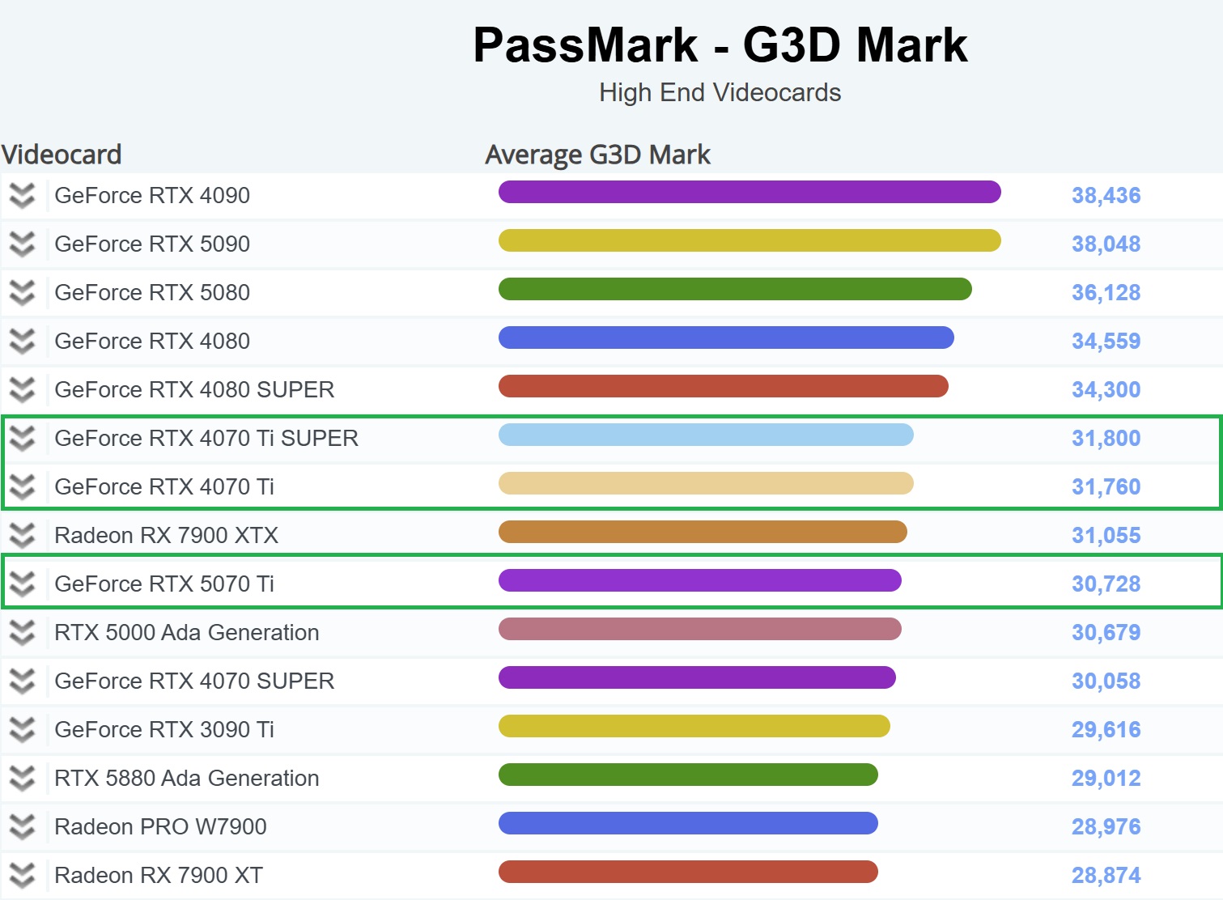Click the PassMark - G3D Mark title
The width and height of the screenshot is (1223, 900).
coord(720,45)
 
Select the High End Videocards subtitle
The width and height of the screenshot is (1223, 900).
coord(720,92)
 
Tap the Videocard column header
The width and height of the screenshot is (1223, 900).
coord(62,155)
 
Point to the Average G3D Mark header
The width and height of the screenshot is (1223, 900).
coord(597,155)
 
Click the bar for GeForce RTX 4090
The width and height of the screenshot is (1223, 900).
coord(750,192)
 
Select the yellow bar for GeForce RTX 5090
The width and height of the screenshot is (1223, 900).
coord(750,240)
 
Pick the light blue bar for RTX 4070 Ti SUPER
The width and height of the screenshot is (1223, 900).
coord(706,435)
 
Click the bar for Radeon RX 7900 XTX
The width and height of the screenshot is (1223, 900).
coord(703,532)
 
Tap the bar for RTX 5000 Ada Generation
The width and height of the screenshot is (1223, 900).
coord(700,629)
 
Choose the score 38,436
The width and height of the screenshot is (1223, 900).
coord(1106,195)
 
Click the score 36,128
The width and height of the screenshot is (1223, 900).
coord(1106,292)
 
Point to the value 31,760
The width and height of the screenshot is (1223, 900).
coord(1106,486)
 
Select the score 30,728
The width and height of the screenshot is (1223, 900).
coord(1106,584)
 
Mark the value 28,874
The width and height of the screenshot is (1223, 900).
coord(1106,875)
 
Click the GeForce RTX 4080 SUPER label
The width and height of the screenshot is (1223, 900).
coord(194,389)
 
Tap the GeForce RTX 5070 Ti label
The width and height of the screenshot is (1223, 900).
coord(164,584)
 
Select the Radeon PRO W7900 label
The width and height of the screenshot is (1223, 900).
coord(160,826)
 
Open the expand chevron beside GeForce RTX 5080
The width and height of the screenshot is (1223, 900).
coord(23,292)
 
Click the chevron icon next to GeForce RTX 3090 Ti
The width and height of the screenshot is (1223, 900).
coord(23,729)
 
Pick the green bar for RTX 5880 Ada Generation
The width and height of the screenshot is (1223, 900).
coord(688,775)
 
